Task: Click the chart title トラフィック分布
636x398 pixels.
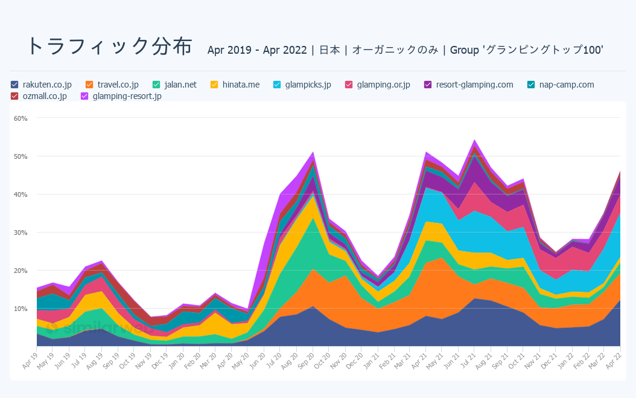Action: tap(109, 47)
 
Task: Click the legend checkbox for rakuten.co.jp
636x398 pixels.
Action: tap(15, 85)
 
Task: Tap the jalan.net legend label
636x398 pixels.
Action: tap(180, 85)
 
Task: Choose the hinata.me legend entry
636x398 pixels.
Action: tap(241, 85)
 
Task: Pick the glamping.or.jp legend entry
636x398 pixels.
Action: tap(383, 85)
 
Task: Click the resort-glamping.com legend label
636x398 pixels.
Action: tap(474, 85)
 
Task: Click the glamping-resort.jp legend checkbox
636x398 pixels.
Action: tap(85, 96)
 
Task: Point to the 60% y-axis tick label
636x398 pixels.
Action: tap(21, 118)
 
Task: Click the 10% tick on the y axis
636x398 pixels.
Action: tap(21, 309)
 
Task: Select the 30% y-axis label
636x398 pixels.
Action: tap(21, 233)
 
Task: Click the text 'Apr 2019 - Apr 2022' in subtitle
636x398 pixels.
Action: tap(257, 50)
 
